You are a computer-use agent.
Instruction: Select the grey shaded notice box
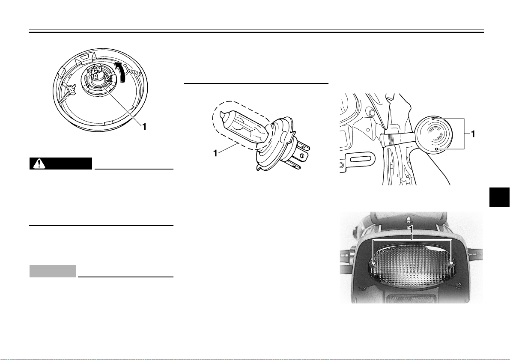tap(53, 271)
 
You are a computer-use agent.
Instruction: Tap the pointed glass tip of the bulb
tap(221, 115)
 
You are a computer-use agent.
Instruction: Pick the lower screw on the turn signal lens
tap(435, 149)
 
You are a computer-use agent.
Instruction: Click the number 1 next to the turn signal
tap(473, 134)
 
